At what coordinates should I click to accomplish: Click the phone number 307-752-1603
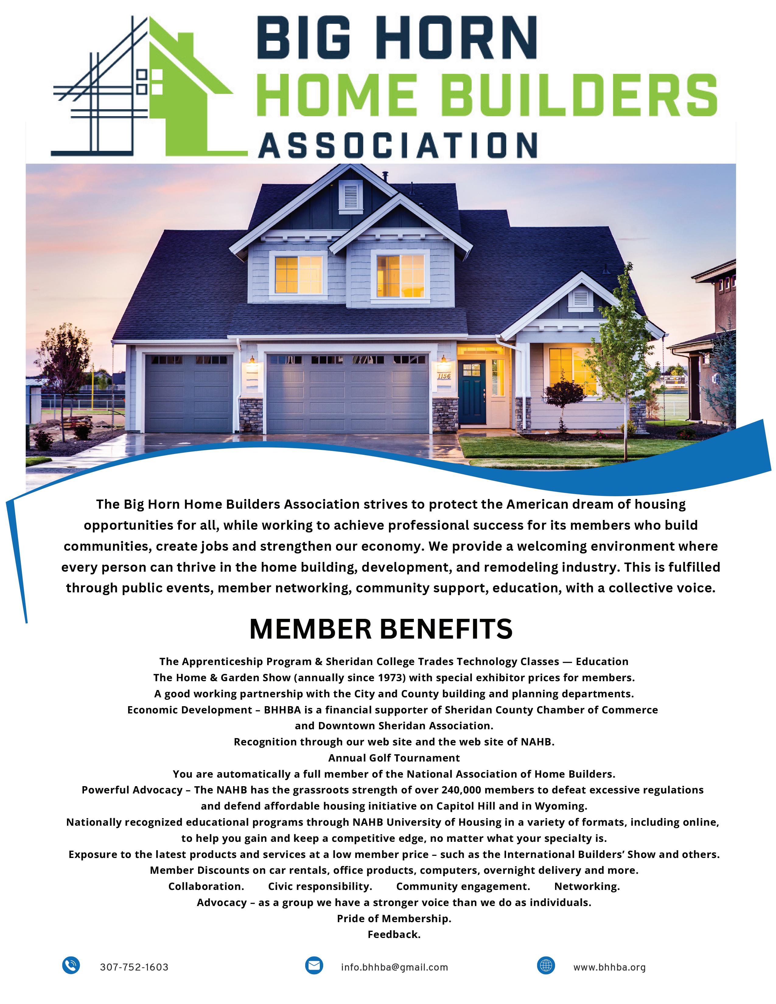[x=134, y=967]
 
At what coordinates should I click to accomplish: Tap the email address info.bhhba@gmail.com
[x=394, y=967]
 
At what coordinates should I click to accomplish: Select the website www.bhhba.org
[x=609, y=967]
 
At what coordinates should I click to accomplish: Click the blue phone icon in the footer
[x=71, y=965]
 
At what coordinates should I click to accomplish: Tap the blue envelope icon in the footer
[x=314, y=965]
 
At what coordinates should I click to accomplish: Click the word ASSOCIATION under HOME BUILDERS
[x=398, y=146]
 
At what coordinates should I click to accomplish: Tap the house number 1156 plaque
[x=444, y=376]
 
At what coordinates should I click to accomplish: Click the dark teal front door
[x=472, y=392]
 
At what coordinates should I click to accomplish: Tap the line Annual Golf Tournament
[x=394, y=758]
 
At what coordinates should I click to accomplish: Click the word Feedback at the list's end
[x=394, y=934]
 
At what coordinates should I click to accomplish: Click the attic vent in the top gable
[x=350, y=197]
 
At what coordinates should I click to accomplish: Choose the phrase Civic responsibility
[x=320, y=886]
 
